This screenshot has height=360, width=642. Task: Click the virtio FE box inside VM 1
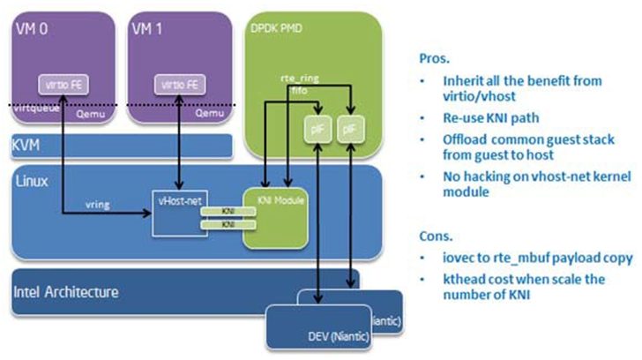tap(175, 85)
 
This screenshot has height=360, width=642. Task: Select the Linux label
tap(33, 180)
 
